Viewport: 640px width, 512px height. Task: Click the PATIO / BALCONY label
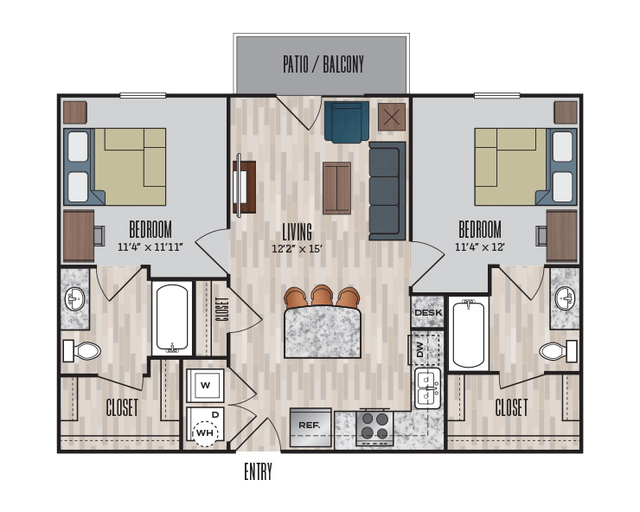323,65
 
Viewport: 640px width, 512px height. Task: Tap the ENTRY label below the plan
258,471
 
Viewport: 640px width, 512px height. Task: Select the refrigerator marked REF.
310,427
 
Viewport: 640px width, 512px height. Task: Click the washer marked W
205,386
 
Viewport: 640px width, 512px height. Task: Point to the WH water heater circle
205,432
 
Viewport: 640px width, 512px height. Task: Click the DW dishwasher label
420,349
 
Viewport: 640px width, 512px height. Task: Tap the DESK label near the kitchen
428,313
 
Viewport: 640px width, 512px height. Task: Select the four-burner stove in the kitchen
375,427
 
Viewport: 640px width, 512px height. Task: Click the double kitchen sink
427,388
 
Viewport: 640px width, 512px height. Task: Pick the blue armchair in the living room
347,122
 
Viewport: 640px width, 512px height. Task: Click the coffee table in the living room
336,189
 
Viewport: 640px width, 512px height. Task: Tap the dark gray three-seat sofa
387,191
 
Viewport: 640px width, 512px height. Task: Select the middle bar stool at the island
322,296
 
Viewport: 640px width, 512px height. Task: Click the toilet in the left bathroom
81,351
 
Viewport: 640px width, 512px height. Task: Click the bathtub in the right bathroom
468,334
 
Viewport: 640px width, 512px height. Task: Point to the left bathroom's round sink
74,299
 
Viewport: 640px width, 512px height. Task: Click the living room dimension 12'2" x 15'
298,248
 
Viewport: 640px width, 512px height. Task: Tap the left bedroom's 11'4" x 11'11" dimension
150,247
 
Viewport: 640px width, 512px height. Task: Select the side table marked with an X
392,117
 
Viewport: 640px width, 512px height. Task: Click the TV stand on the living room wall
244,186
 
